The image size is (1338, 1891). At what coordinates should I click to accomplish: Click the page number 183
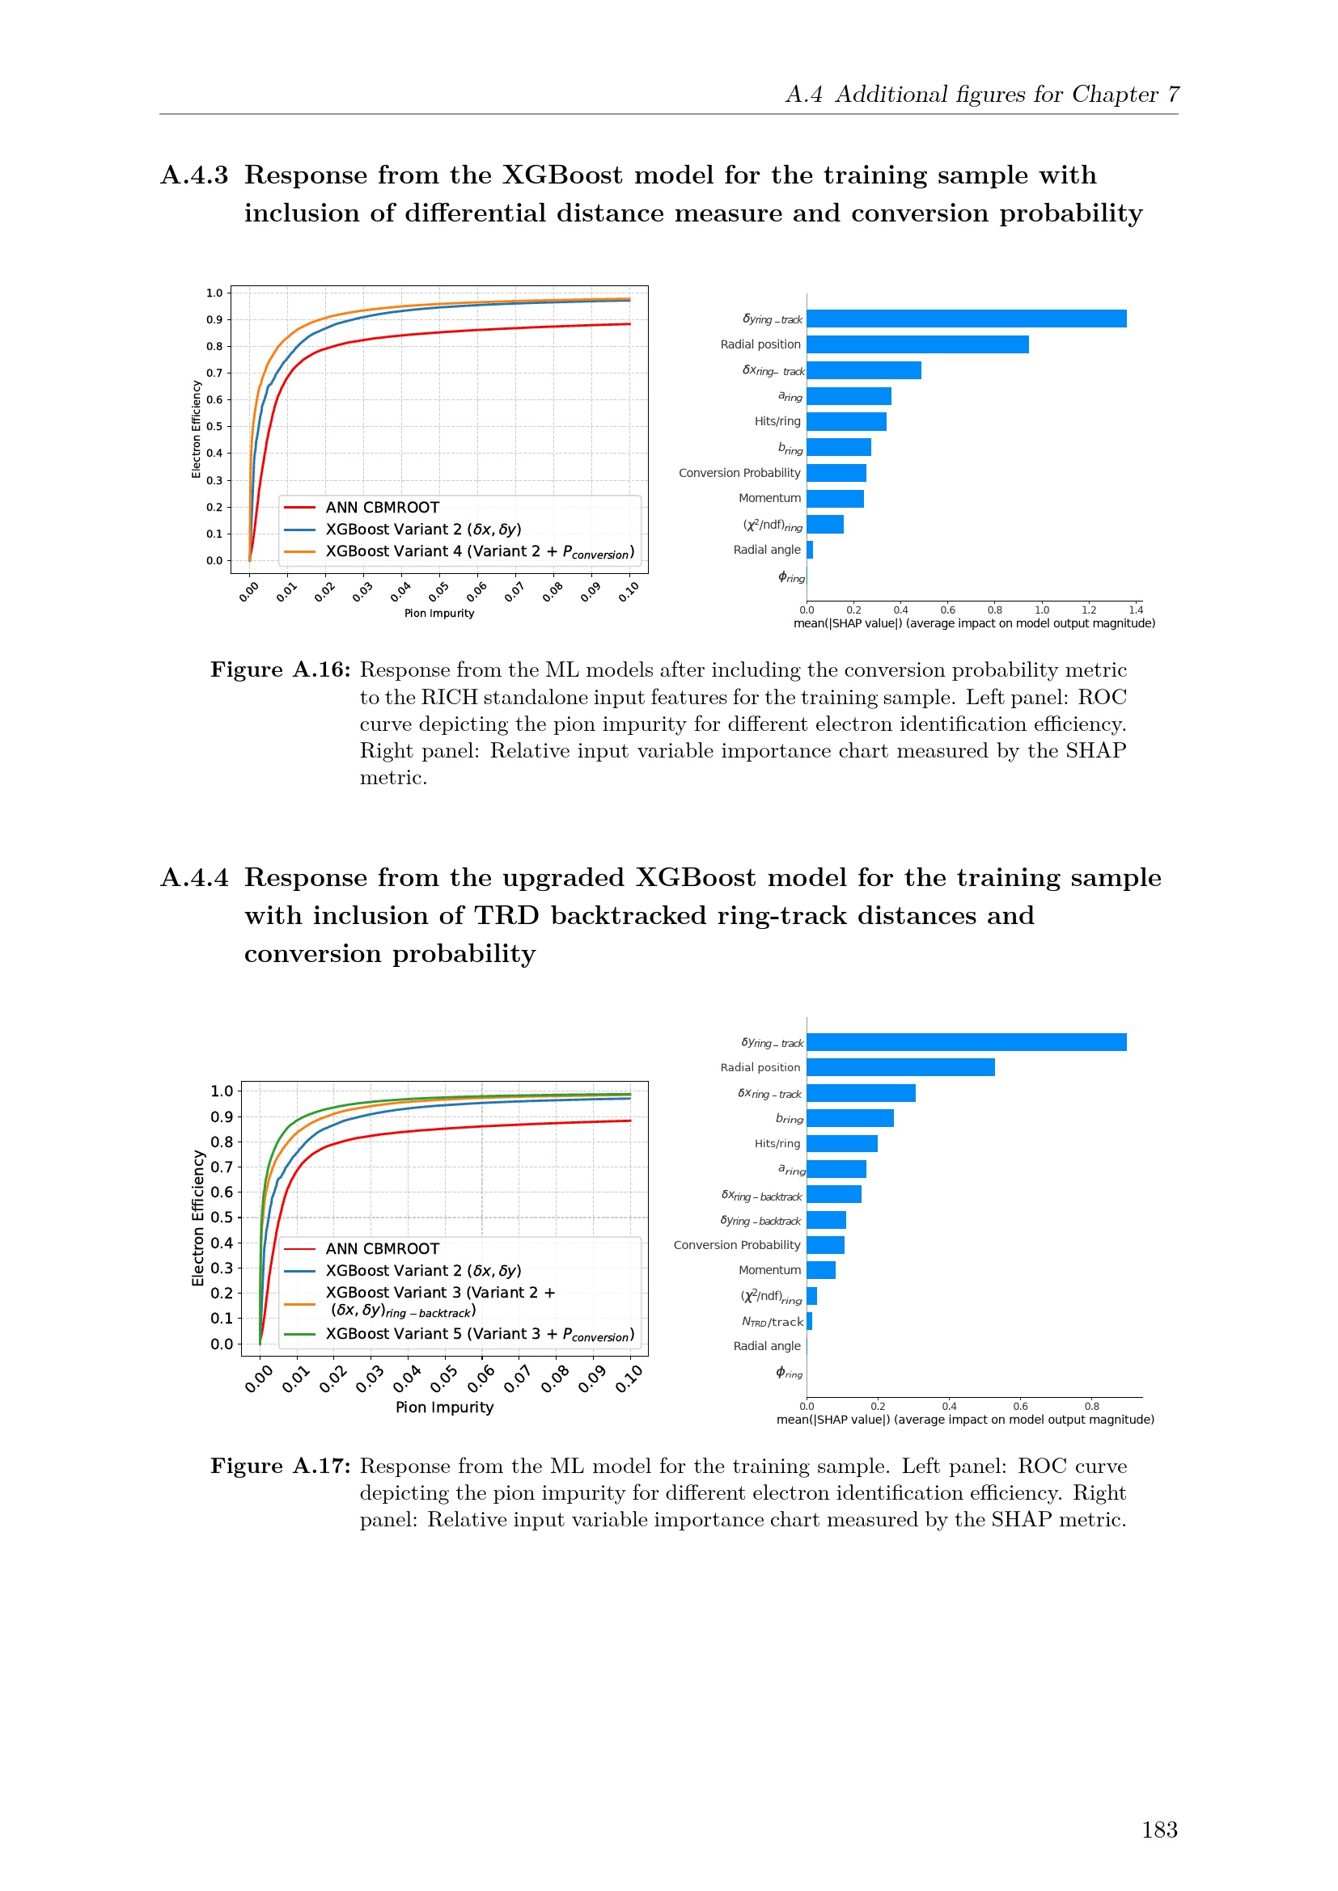pos(1158,1830)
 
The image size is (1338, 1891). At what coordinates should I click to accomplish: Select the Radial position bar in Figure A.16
pos(917,344)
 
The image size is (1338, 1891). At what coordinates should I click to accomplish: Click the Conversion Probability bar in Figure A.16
pos(836,473)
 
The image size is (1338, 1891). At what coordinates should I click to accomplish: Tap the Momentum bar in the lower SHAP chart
pos(820,1270)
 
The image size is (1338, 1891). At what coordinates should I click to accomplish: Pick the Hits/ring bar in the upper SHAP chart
pos(846,422)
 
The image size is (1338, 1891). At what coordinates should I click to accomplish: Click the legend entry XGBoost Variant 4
pos(478,551)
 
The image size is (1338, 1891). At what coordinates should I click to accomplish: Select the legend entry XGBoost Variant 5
pos(478,1333)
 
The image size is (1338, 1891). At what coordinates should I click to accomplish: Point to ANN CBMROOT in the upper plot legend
pos(383,508)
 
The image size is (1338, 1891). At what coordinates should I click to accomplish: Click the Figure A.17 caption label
pos(280,1466)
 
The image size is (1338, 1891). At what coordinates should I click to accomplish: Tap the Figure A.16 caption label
pos(280,669)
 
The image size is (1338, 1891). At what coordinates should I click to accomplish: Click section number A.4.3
pos(194,175)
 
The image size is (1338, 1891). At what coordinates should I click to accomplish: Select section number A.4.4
pos(194,878)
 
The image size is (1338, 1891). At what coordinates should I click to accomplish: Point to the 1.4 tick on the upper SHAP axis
pos(1135,610)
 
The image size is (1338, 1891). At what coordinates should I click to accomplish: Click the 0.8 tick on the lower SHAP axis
pos(1091,1407)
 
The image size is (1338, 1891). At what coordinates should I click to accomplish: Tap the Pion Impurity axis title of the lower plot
pos(444,1407)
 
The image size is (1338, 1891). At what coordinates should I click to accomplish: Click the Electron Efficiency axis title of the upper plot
pos(196,429)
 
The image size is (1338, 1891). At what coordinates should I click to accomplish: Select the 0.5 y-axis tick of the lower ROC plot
pos(222,1218)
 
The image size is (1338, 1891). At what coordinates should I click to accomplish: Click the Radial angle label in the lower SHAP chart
pos(766,1346)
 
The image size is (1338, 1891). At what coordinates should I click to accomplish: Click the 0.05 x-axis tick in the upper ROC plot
pos(438,591)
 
